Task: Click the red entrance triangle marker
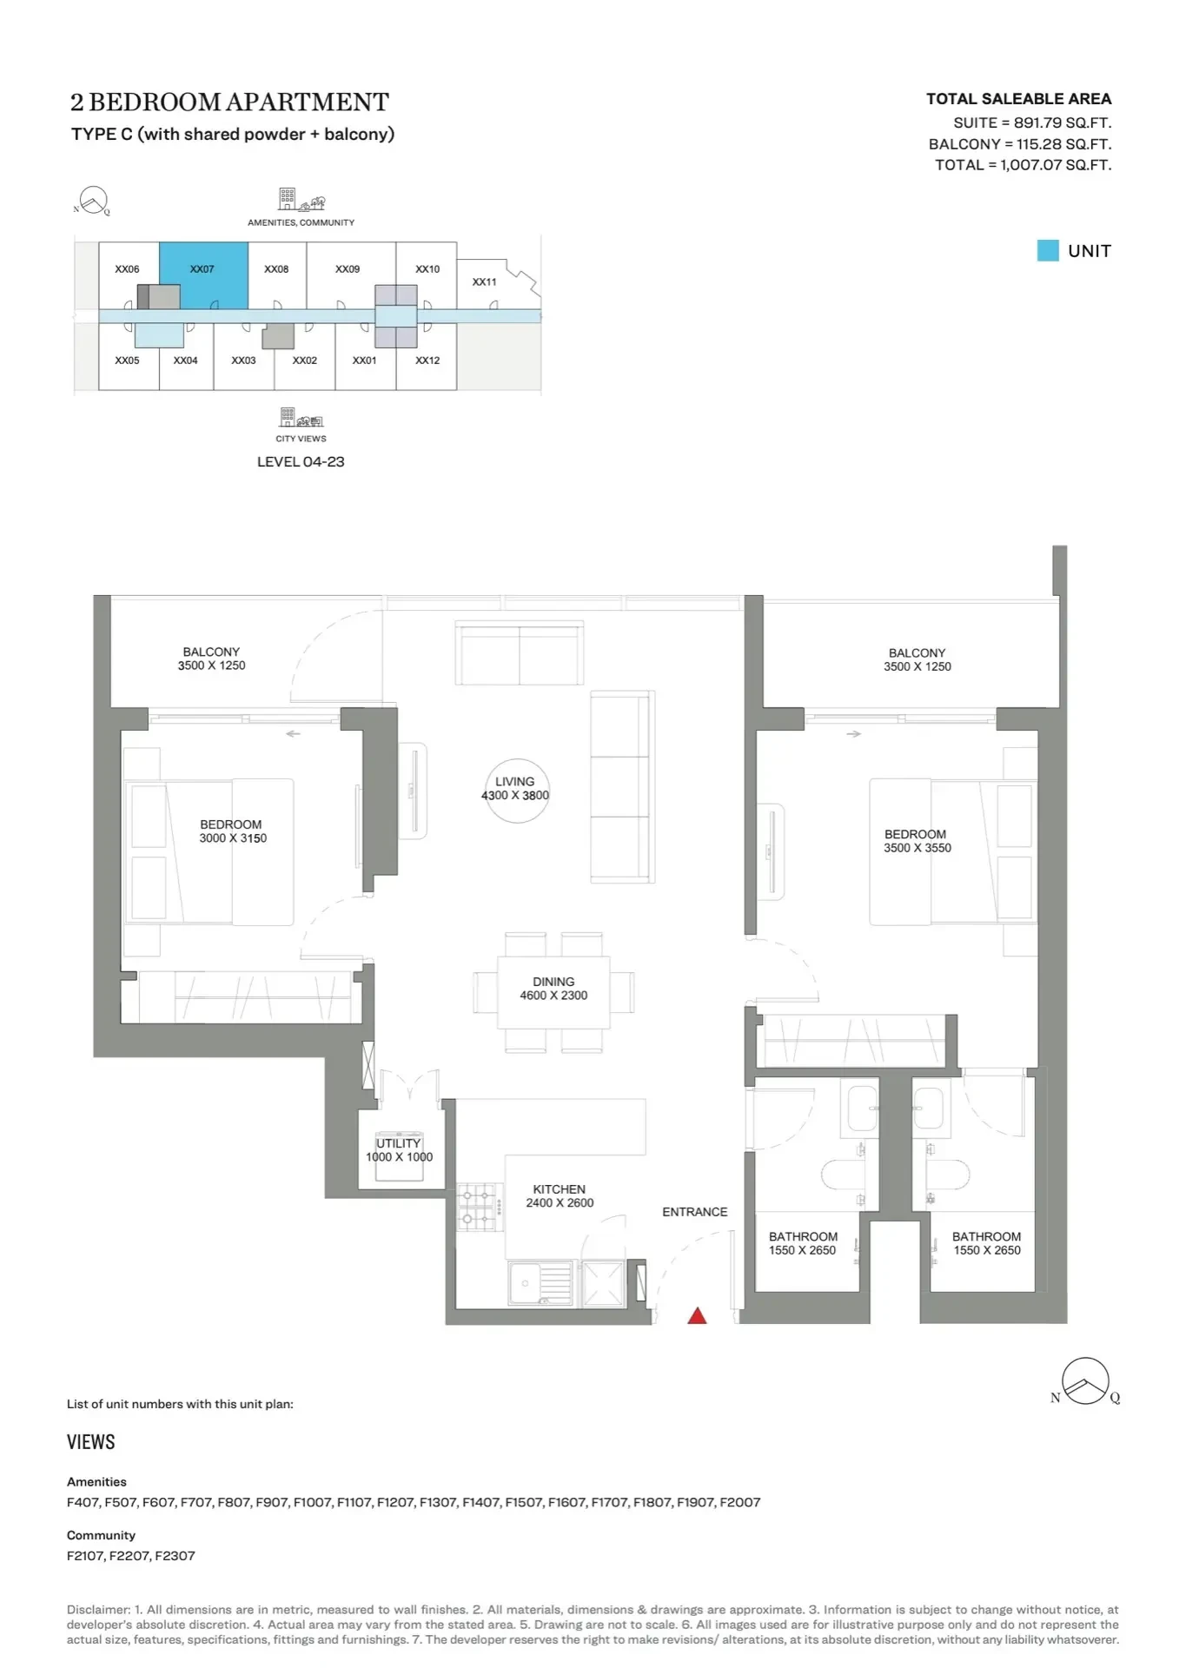[x=697, y=1316]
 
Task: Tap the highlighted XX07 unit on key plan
[x=203, y=275]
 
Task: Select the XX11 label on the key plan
[x=485, y=282]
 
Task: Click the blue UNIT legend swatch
[x=1048, y=251]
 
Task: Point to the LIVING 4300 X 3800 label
[x=515, y=789]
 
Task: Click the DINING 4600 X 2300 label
[x=553, y=989]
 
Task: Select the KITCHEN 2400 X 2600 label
[x=560, y=1196]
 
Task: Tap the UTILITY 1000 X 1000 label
[x=399, y=1150]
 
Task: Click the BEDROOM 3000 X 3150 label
[x=232, y=831]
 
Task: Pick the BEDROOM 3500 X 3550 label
[x=917, y=841]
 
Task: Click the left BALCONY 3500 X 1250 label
[x=211, y=659]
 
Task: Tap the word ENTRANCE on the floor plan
[x=695, y=1212]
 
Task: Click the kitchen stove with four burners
[x=480, y=1207]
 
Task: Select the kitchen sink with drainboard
[x=541, y=1283]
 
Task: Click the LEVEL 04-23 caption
[x=301, y=462]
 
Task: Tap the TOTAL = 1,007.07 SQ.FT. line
[x=1023, y=165]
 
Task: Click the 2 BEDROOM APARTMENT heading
[x=229, y=103]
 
